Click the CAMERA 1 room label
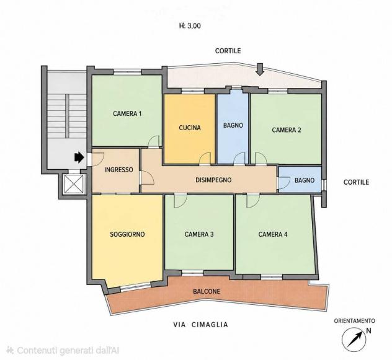click(127, 113)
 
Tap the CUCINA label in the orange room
click(190, 128)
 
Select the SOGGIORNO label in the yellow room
click(128, 234)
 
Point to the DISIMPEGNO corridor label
click(213, 180)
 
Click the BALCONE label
click(207, 291)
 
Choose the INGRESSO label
click(118, 170)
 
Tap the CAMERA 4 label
click(273, 234)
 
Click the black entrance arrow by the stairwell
click(79, 157)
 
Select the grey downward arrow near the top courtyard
click(261, 69)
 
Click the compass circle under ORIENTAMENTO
click(354, 340)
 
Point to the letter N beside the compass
click(369, 331)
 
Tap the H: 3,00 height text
click(190, 26)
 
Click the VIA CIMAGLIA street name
click(201, 325)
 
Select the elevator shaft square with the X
click(74, 184)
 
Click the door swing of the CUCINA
click(205, 159)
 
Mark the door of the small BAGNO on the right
click(284, 183)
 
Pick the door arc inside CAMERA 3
click(180, 201)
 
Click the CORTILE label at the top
click(228, 51)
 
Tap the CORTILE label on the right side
click(356, 182)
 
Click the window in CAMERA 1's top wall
click(128, 72)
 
